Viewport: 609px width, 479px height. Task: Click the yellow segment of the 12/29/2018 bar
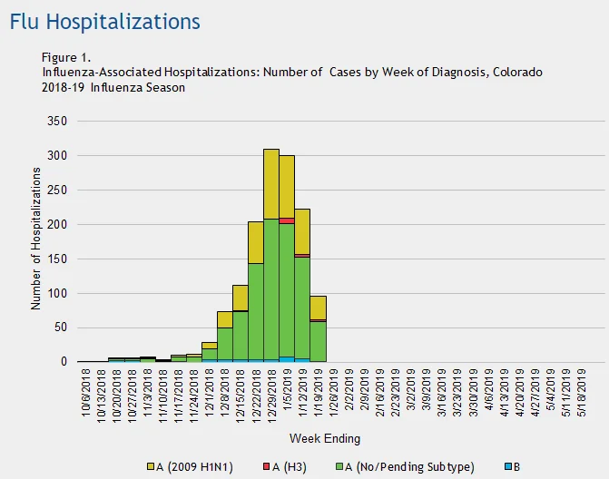(271, 184)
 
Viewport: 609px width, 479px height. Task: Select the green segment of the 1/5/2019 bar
(287, 290)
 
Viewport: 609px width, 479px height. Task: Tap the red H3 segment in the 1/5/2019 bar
(287, 220)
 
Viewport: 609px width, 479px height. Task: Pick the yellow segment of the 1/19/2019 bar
(318, 308)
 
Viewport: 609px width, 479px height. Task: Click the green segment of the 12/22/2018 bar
(256, 312)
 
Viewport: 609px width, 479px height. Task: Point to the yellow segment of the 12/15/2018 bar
(240, 298)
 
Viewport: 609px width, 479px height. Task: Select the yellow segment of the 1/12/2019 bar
(302, 231)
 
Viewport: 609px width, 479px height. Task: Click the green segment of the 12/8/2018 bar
(225, 344)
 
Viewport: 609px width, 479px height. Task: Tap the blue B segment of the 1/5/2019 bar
(287, 359)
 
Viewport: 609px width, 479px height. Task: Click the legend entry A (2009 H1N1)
(190, 466)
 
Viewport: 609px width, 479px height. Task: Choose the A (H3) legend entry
(285, 466)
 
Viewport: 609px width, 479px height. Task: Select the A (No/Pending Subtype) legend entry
(405, 466)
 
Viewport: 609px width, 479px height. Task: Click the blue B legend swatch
(508, 466)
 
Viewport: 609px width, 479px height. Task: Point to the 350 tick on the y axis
(57, 121)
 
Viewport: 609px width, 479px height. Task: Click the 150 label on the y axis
(57, 259)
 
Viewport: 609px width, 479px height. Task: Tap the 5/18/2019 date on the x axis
(582, 393)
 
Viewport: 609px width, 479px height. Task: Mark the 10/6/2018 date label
(86, 393)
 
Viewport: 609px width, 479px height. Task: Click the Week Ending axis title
(325, 439)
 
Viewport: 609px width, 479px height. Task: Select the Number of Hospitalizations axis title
(35, 239)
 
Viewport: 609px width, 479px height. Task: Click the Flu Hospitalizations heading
(105, 22)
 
